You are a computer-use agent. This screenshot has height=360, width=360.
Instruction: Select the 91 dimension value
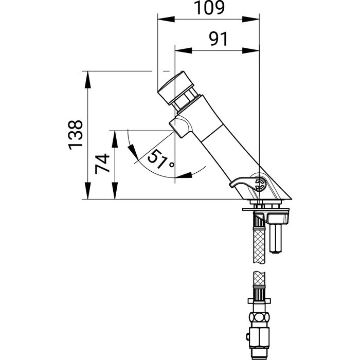click(218, 39)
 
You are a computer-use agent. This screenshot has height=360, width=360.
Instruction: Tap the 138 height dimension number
click(76, 135)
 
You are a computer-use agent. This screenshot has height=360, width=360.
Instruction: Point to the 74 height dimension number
click(102, 164)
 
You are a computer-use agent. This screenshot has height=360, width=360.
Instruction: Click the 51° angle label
click(160, 159)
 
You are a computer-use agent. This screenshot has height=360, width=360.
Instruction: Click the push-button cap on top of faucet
click(176, 88)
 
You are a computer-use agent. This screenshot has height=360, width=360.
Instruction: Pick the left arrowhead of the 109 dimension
click(166, 20)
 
